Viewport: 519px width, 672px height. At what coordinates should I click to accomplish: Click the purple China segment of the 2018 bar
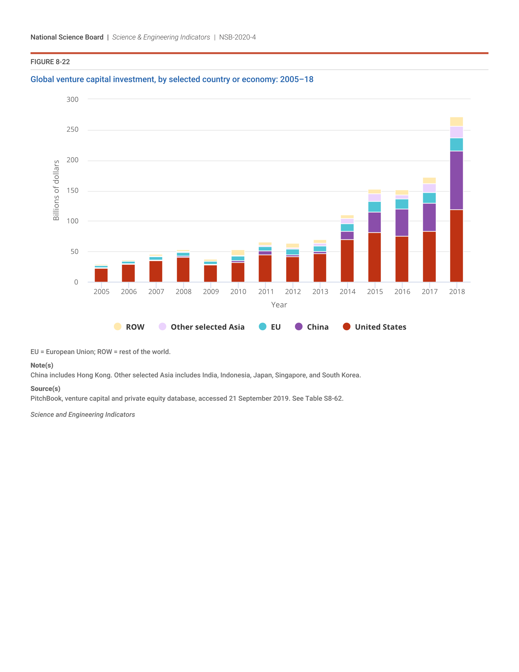[x=456, y=180]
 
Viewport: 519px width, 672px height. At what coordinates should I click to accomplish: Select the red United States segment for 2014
[x=347, y=261]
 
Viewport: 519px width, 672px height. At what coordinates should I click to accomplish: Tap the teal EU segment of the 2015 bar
[x=375, y=207]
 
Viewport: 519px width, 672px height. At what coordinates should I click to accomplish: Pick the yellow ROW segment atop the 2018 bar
[x=456, y=122]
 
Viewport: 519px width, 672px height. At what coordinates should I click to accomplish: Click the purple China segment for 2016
[x=402, y=222]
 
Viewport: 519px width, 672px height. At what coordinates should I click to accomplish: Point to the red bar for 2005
[x=101, y=275]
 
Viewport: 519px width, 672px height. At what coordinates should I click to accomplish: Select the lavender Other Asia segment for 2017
[x=429, y=188]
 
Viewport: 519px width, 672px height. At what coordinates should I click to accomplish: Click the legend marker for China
[x=299, y=327]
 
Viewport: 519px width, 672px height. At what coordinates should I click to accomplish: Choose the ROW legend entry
[x=135, y=327]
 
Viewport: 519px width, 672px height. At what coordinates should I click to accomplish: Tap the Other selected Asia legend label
[x=208, y=327]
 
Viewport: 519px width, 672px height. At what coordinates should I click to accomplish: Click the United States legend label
[x=380, y=327]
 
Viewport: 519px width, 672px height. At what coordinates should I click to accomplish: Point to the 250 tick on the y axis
[x=73, y=130]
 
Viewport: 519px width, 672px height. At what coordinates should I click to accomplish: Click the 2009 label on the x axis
[x=211, y=291]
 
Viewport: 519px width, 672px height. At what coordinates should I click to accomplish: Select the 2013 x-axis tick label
[x=320, y=291]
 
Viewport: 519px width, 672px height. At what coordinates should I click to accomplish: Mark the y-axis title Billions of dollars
[x=56, y=190]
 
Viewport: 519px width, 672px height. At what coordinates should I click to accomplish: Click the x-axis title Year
[x=279, y=305]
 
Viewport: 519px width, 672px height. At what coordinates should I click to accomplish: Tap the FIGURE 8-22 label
[x=50, y=62]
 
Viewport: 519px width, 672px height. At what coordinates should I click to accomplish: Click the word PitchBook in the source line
[x=46, y=398]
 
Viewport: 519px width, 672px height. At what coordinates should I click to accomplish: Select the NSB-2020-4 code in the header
[x=237, y=37]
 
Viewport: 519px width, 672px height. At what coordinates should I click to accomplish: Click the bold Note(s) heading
[x=42, y=365]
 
